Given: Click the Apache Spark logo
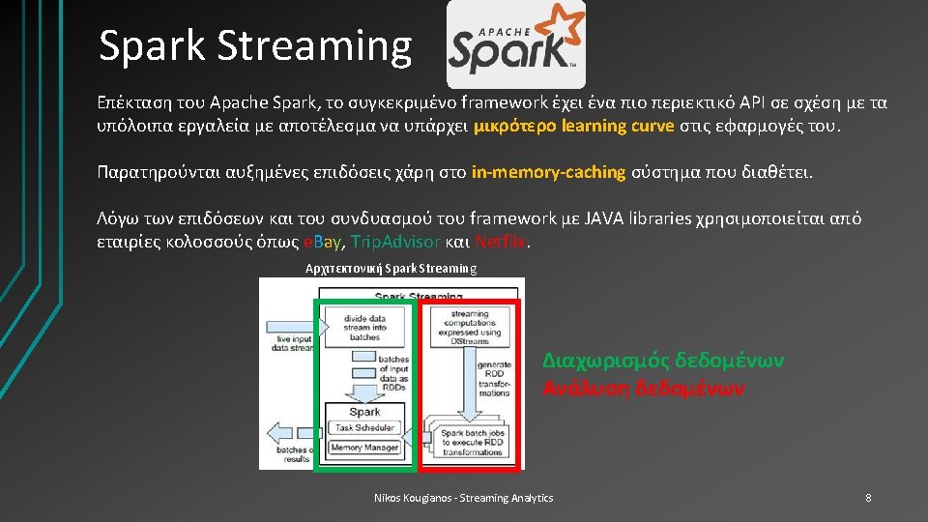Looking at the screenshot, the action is click(515, 44).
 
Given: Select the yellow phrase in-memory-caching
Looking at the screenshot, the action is click(549, 172).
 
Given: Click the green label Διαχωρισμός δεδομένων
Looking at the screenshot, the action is click(663, 361).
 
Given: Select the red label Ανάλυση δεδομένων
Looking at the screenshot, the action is click(644, 388).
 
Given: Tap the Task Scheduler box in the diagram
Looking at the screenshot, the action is click(364, 426).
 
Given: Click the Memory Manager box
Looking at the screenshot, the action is click(364, 448).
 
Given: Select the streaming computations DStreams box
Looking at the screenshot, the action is click(469, 326).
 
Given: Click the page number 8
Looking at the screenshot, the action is click(868, 498).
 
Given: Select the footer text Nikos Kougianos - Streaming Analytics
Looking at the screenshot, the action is click(464, 498).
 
